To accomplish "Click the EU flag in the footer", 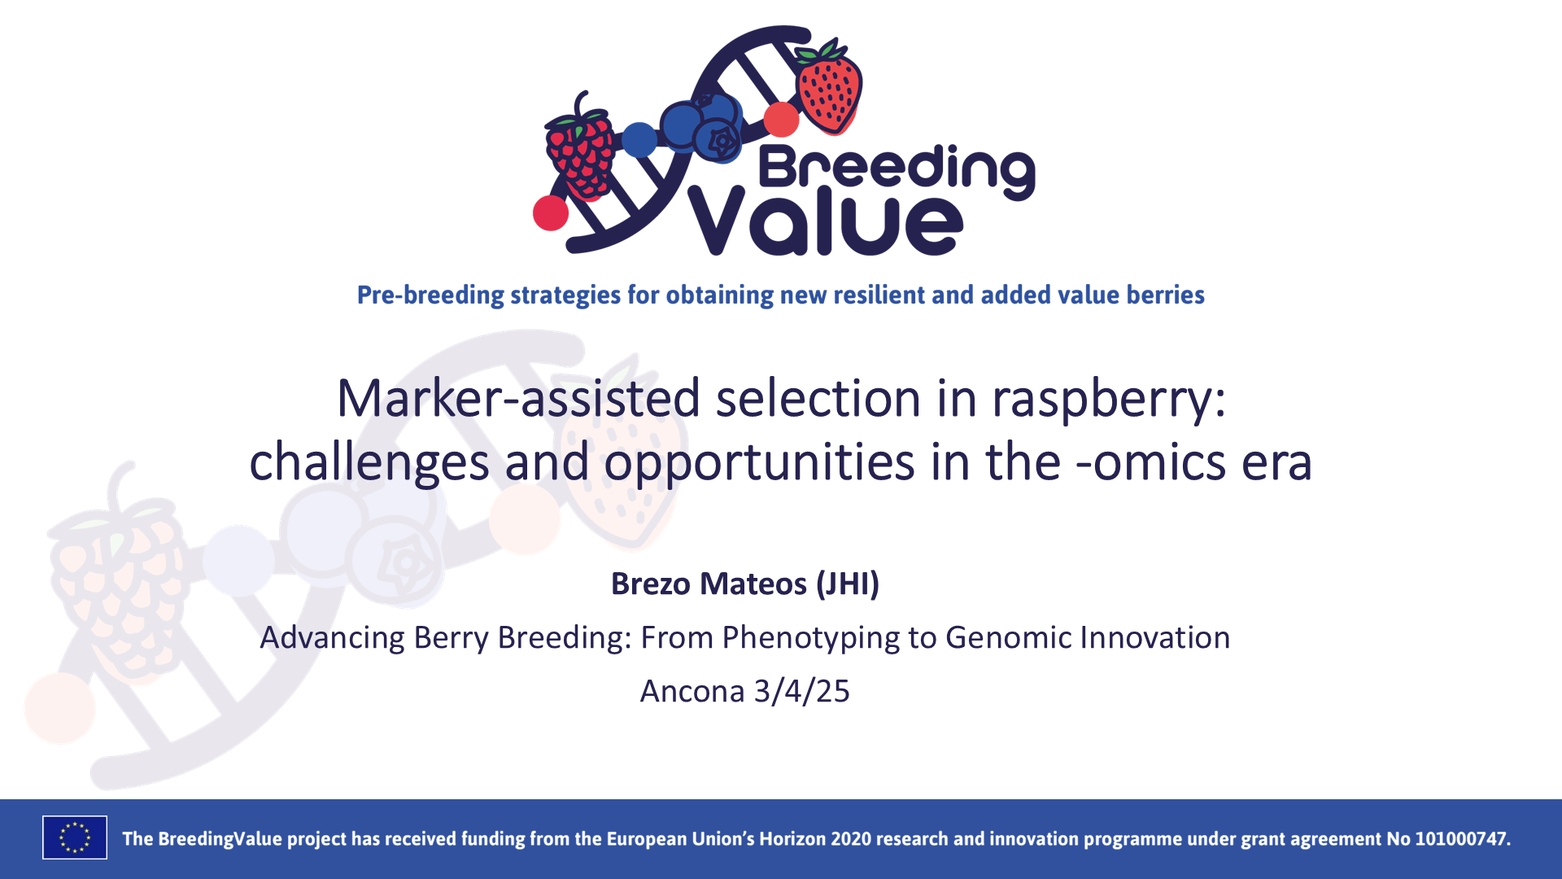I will (x=75, y=837).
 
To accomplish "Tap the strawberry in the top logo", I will (x=828, y=85).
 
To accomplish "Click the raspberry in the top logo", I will (x=580, y=153).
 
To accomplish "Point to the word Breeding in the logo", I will (x=897, y=168).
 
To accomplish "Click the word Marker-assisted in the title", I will (x=518, y=399).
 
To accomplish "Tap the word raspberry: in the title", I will (x=1108, y=399).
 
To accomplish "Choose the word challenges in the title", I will (x=369, y=462).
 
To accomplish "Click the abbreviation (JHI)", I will (x=848, y=584).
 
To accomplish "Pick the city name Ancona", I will (x=692, y=691).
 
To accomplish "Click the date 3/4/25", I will (x=801, y=691).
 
